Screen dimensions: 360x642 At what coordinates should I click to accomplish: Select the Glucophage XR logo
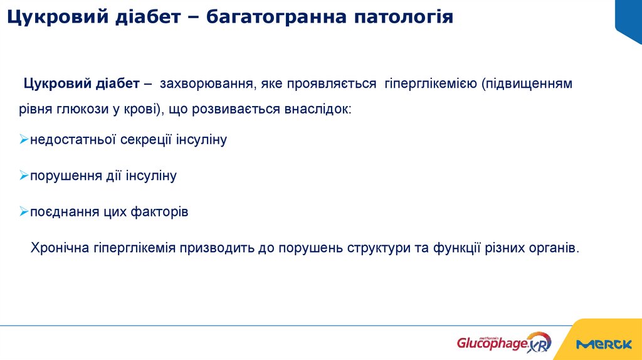tap(503, 342)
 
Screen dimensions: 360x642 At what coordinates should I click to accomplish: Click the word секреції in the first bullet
tap(145, 140)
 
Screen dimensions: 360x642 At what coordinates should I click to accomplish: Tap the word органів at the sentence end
tap(554, 247)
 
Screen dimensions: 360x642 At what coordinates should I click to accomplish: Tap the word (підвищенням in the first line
tap(527, 83)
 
